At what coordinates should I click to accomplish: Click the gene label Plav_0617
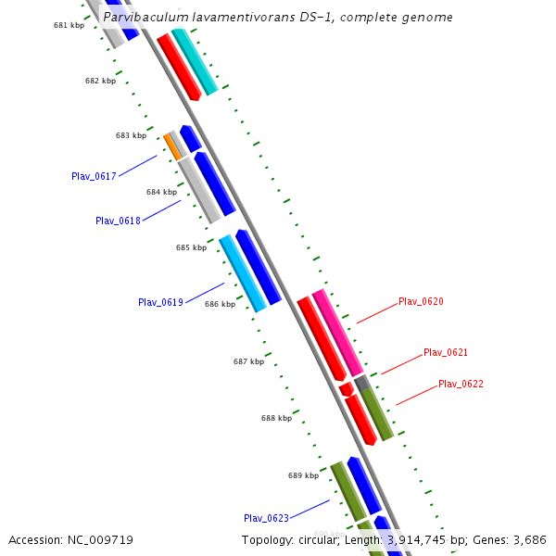click(94, 176)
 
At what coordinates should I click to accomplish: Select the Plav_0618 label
click(118, 221)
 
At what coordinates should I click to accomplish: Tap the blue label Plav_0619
click(160, 302)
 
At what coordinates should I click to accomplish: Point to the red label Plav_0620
click(421, 301)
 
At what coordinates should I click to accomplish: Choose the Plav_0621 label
click(446, 352)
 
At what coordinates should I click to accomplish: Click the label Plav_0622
click(461, 384)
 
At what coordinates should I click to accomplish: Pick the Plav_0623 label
click(266, 518)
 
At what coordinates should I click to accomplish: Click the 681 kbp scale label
click(69, 25)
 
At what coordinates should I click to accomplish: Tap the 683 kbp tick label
click(131, 135)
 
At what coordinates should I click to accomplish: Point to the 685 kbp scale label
click(191, 248)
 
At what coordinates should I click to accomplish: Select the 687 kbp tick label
click(248, 361)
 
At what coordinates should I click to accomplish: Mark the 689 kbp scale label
click(303, 475)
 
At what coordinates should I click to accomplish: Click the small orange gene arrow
click(172, 146)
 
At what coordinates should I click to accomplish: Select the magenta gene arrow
click(336, 331)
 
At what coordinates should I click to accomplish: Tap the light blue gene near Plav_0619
click(243, 273)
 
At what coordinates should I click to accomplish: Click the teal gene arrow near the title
click(195, 61)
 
